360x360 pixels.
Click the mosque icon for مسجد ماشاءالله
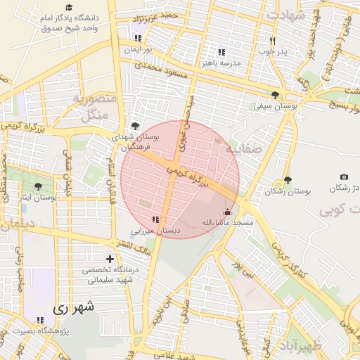point(227,212)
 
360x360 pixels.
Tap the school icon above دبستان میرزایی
point(155,220)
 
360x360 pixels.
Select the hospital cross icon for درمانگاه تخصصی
point(109,259)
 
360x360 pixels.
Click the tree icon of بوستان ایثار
point(38,186)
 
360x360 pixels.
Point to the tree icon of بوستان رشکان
point(287,180)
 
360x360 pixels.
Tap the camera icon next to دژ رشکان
point(344,177)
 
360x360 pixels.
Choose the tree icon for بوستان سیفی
point(274,95)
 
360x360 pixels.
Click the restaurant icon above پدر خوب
point(272,41)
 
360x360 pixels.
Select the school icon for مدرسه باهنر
point(221,52)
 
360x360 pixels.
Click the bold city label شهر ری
point(73,307)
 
